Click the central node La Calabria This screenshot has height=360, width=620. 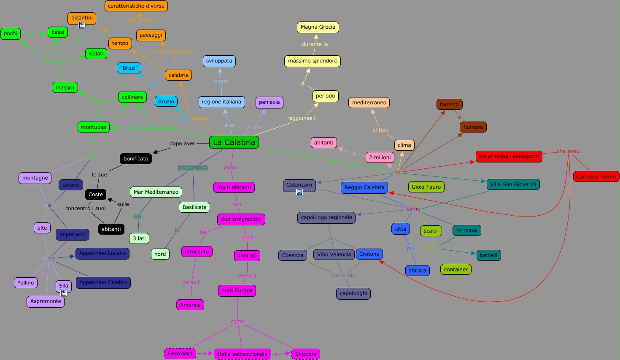[234, 142]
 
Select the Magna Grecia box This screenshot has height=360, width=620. [318, 27]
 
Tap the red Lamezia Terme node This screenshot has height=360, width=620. [596, 176]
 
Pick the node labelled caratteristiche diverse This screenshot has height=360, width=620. [136, 6]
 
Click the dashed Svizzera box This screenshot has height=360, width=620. [306, 354]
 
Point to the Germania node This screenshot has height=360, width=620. [180, 354]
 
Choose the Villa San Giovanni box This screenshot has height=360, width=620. [513, 184]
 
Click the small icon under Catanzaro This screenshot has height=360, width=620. [299, 192]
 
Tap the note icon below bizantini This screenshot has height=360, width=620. [82, 25]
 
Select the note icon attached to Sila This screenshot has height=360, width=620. [64, 292]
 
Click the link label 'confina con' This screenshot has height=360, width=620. [193, 168]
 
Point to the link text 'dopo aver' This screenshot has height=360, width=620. [182, 143]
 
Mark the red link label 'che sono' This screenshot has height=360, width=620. [568, 151]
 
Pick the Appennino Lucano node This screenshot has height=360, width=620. [102, 253]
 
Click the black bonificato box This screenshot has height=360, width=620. [136, 159]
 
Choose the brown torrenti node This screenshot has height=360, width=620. [449, 104]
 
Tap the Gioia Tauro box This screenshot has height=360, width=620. [426, 187]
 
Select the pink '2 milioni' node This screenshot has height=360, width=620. [380, 157]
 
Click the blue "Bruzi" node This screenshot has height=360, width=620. [129, 68]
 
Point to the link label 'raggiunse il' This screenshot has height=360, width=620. [302, 118]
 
